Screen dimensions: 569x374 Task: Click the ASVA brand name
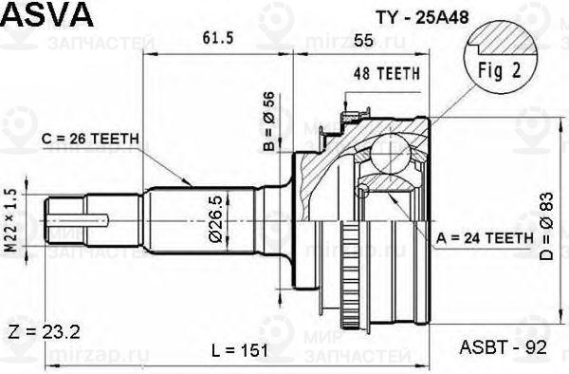47,14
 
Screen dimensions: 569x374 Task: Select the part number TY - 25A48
422,17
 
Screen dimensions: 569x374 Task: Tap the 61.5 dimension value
218,38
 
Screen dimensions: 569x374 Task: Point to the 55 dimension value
363,41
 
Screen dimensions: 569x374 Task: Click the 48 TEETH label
387,74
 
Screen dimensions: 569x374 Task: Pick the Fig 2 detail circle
501,57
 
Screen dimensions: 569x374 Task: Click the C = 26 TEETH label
90,139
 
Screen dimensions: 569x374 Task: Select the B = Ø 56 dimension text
269,122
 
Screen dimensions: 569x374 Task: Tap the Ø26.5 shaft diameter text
216,219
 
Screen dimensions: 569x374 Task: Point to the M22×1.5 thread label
11,221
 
